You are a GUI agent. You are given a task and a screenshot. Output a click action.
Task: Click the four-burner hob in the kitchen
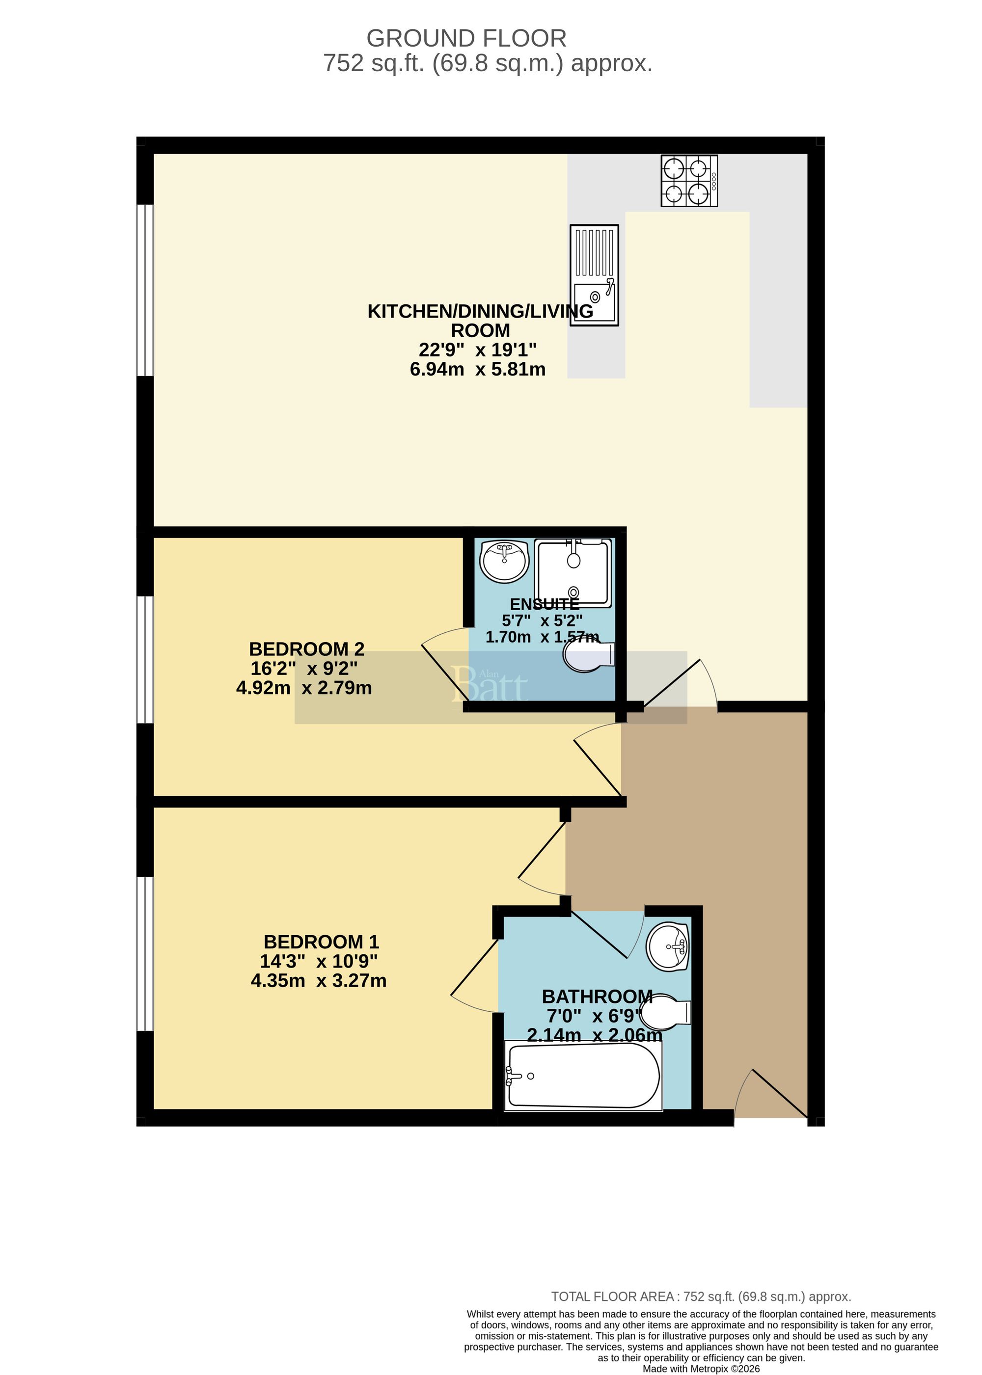(x=689, y=181)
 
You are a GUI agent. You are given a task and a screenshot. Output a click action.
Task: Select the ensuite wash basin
(x=504, y=561)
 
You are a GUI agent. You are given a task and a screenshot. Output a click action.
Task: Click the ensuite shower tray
(x=573, y=573)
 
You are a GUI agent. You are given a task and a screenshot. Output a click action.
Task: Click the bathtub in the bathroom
(x=583, y=1076)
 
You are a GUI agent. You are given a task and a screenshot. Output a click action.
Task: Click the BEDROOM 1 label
(x=321, y=942)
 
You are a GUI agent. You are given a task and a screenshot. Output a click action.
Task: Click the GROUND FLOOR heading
(x=466, y=39)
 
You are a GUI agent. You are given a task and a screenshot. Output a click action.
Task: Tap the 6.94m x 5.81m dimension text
(x=477, y=369)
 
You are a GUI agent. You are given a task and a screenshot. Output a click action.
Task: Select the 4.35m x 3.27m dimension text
(x=319, y=980)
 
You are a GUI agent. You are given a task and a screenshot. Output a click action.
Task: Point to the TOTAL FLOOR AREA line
(x=701, y=1296)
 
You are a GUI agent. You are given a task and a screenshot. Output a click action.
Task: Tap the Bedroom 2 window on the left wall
(x=145, y=659)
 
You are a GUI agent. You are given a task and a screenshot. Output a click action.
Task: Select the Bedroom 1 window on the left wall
(x=145, y=954)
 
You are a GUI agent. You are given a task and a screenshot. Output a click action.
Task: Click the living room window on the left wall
(x=145, y=290)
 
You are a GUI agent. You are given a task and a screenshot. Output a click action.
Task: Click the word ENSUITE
(x=544, y=604)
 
